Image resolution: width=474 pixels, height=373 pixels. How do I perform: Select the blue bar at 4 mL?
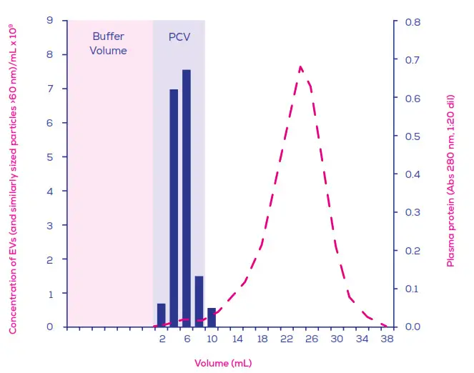(174, 208)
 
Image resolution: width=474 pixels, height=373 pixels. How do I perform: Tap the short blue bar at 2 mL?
(162, 315)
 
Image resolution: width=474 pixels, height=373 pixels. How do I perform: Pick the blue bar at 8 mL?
(199, 301)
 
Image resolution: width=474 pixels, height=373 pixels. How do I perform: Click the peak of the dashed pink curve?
(300, 67)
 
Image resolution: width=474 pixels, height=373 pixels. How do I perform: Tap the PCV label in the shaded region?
(179, 37)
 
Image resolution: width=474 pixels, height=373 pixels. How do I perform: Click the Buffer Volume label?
(109, 44)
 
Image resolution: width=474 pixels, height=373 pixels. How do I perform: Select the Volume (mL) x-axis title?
(223, 363)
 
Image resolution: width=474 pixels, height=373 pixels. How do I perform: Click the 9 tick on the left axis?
(50, 21)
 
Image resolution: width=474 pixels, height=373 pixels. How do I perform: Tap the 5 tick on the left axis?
(50, 157)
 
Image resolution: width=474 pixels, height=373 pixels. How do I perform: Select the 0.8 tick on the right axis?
(412, 21)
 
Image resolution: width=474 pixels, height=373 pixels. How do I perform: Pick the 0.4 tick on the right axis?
(412, 174)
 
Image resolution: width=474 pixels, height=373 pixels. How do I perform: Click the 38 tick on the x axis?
(387, 339)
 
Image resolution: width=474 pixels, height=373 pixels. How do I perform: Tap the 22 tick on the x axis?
(287, 339)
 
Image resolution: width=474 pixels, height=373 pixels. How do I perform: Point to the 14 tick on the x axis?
(237, 339)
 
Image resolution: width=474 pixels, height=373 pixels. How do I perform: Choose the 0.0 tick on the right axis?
(412, 327)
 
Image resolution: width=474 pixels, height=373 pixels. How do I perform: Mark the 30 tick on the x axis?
(337, 339)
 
